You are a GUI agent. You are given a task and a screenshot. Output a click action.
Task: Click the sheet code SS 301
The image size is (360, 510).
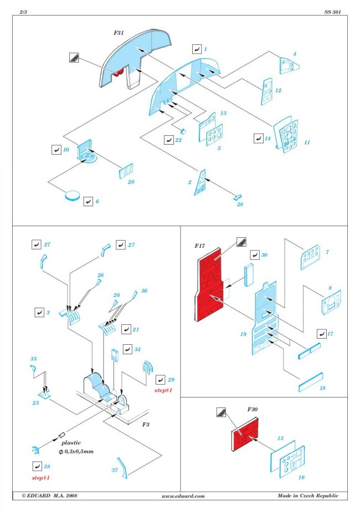pos(332,12)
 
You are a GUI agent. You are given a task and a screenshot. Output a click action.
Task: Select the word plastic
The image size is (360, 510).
pos(71,443)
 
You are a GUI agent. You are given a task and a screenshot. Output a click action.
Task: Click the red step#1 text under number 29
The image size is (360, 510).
pos(164,390)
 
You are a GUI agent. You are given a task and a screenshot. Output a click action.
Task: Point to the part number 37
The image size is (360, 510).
pos(115,470)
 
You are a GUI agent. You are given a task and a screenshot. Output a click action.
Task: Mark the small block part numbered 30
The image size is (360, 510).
pos(249,273)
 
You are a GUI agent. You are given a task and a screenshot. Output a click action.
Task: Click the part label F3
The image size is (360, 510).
pos(146,424)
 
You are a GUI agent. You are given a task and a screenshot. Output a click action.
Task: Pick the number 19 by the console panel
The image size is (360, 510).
pos(243,334)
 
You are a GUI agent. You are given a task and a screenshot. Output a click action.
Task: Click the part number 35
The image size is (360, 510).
pos(34,359)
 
